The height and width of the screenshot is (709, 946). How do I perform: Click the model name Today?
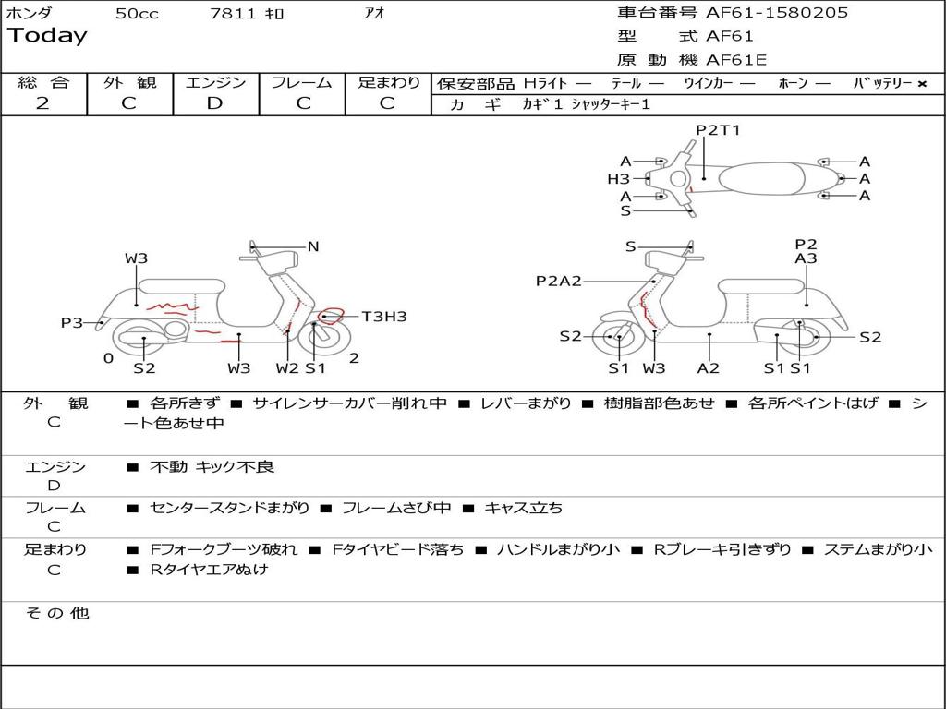47,36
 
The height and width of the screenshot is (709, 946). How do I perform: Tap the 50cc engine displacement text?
137,14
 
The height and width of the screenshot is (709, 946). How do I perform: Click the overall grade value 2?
42,103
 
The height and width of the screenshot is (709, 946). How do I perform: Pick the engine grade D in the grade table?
214,103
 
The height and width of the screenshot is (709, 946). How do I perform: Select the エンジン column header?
215,82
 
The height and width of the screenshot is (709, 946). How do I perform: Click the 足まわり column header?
389,82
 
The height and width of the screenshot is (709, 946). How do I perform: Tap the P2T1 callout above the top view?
718,130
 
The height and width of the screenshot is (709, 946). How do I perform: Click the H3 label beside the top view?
618,179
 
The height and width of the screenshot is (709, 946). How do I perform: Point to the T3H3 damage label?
384,317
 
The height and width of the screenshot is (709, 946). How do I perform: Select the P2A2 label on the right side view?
558,281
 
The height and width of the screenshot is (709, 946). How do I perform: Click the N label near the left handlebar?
313,246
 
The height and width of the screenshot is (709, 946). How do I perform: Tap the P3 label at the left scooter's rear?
72,322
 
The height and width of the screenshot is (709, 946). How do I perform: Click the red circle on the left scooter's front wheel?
331,317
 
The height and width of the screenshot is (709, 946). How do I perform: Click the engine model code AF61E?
736,61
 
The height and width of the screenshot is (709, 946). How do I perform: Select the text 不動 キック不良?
212,467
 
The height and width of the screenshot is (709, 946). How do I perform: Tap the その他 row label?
56,613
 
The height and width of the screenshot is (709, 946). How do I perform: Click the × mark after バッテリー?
921,83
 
